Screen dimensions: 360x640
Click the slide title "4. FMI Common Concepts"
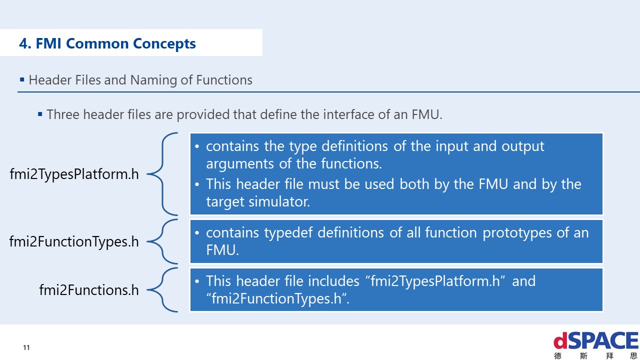click(x=107, y=43)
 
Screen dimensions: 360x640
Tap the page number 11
click(x=26, y=347)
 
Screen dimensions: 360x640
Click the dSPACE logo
click(x=595, y=342)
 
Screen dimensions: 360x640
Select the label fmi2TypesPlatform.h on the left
click(x=74, y=174)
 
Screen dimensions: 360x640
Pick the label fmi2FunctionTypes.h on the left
click(x=74, y=241)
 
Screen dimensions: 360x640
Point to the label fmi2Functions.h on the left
click(x=89, y=290)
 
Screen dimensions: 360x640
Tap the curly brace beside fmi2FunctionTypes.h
click(x=163, y=241)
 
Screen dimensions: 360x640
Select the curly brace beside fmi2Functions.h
click(x=163, y=290)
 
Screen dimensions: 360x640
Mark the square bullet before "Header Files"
click(x=22, y=80)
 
